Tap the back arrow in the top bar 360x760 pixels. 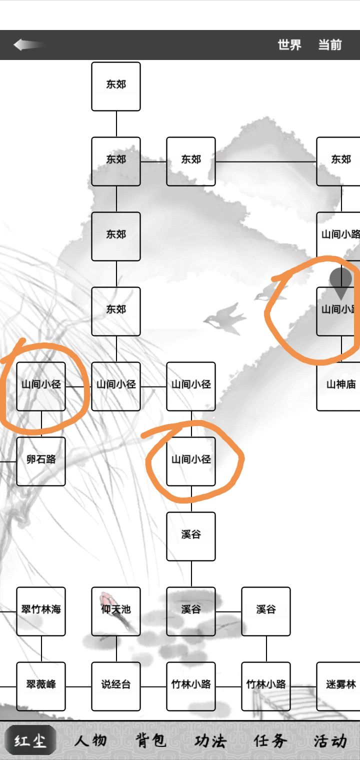29,45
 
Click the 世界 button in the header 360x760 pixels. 289,45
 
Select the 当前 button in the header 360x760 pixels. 330,45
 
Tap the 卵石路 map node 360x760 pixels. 41,461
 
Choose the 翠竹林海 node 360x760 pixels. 41,611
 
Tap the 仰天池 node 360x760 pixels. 116,611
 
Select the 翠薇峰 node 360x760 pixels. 41,686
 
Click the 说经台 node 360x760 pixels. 116,686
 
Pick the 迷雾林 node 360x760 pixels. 339,686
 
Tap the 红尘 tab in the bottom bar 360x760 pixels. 30,740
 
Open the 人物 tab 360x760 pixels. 90,740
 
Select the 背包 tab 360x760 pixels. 150,740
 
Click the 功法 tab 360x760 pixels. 210,740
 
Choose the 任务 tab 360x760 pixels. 270,740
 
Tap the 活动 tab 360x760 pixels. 330,740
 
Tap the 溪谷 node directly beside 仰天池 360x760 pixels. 191,611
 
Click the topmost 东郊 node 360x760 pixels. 116,86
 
